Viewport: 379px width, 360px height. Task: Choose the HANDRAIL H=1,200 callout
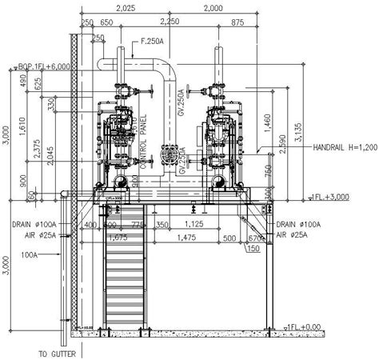coord(344,147)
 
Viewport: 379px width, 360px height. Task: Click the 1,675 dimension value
coord(116,237)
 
